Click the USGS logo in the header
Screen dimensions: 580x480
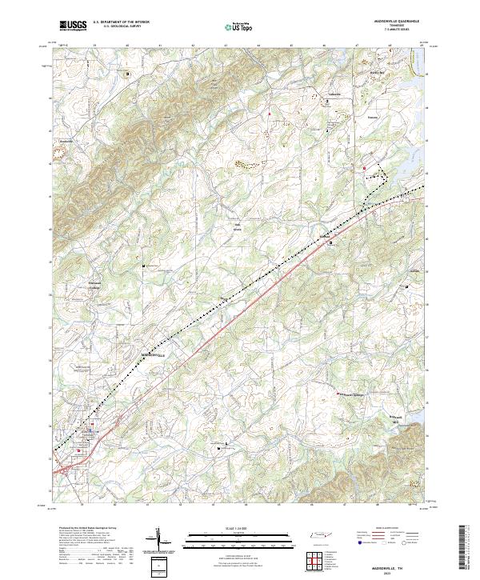click(74, 26)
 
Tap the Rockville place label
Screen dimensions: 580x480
click(66, 141)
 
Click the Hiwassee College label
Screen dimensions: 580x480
click(94, 286)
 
